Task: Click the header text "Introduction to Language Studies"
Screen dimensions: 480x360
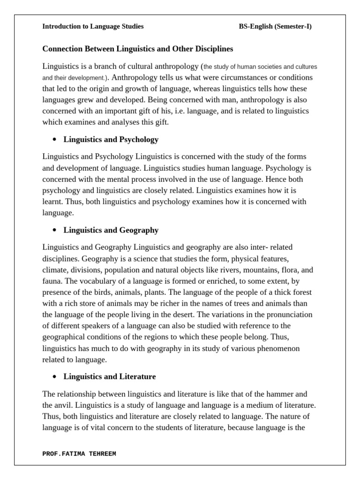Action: click(93, 27)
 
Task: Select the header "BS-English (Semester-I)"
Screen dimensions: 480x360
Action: click(275, 27)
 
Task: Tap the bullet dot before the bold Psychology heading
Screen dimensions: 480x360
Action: click(55, 140)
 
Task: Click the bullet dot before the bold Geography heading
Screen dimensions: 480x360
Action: click(55, 231)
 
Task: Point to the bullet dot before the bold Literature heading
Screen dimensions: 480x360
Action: click(55, 377)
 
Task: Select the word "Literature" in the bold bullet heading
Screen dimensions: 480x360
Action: click(139, 376)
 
